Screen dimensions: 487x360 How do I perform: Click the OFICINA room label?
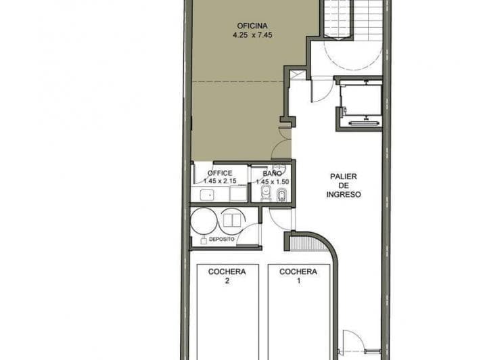coord(252,26)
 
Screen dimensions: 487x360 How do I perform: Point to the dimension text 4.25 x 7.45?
coord(252,35)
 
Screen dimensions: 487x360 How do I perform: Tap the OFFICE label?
coord(220,173)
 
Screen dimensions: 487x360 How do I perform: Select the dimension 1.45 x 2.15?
coord(220,181)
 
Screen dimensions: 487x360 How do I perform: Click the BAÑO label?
coord(273,173)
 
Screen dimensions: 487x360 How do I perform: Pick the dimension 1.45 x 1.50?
coord(273,182)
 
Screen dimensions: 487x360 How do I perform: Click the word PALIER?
coord(344,177)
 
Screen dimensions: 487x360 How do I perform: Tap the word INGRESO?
coord(344,195)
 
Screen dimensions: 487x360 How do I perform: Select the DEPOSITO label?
coord(222,240)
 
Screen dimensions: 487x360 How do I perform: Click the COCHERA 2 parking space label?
coord(227,276)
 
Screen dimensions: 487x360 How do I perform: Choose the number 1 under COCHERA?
coord(299,281)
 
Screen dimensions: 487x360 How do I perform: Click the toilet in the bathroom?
coord(266,194)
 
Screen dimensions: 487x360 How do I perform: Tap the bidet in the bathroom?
coord(281,195)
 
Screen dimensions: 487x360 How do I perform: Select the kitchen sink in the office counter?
coord(207,196)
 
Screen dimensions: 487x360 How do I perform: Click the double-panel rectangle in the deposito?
coord(232,220)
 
